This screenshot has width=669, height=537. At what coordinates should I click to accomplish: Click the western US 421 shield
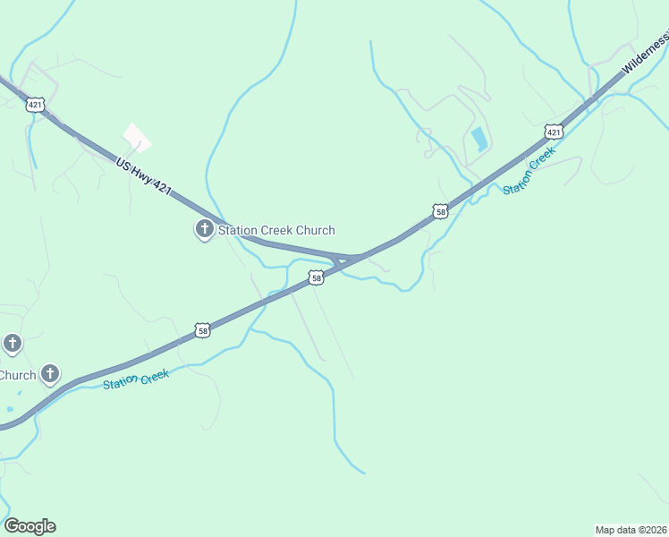35,105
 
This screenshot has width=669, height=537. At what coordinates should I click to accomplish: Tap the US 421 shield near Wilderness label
554,132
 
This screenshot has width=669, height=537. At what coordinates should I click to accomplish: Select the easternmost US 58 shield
439,211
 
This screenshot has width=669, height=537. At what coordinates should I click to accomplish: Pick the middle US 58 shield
316,278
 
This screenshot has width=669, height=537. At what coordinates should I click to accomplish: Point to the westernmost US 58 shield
203,330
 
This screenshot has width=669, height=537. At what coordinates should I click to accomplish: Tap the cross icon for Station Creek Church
204,230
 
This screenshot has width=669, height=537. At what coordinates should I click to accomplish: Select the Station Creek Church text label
277,230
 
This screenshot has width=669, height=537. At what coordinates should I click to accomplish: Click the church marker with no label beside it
13,343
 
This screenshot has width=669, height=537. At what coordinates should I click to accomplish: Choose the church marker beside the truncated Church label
51,374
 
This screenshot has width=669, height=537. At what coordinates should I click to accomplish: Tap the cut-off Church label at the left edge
17,375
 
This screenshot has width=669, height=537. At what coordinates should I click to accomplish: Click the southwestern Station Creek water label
135,379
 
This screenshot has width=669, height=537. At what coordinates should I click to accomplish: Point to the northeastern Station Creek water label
529,170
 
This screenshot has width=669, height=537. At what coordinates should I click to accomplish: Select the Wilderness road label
646,55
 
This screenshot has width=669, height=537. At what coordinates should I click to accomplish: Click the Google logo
30,526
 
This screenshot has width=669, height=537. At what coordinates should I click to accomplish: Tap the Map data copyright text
631,530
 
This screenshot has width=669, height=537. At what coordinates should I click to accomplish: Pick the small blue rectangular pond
479,139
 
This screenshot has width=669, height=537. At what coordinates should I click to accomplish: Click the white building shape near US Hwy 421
136,138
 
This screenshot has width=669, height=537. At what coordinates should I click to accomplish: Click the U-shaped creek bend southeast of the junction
409,285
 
